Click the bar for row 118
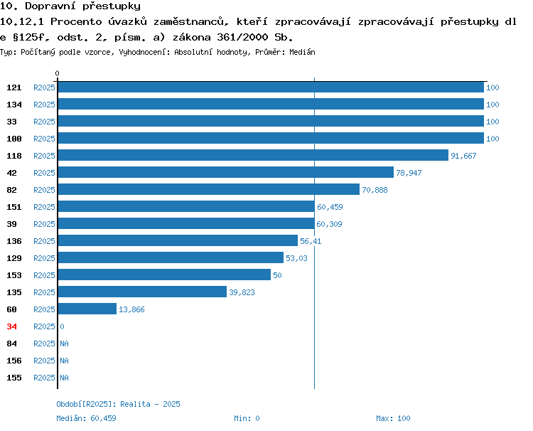(253, 155)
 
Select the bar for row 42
(226, 172)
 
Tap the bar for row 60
(87, 309)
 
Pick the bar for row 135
(142, 292)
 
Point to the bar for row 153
(165, 275)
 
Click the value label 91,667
(463, 156)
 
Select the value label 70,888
(375, 190)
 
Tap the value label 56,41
(311, 241)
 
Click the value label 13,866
(131, 309)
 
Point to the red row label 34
(11, 326)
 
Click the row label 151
(14, 207)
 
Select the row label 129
(14, 258)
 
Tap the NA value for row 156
(64, 361)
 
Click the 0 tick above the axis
(57, 73)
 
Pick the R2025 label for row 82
(44, 190)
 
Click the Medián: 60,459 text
(86, 418)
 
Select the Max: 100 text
(393, 418)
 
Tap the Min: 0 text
(247, 418)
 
